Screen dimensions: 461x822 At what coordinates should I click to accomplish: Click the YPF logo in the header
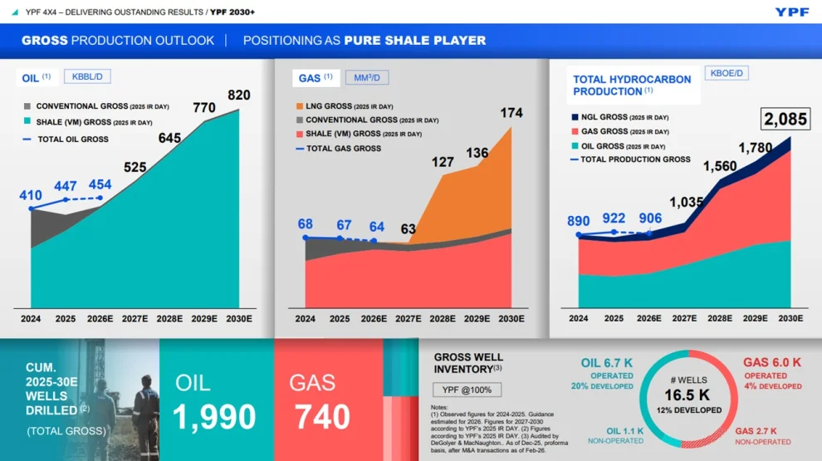point(792,12)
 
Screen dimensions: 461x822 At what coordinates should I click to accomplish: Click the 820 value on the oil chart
point(238,95)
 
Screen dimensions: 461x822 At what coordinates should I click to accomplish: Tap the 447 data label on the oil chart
point(66,186)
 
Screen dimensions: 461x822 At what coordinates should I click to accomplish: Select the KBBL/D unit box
point(86,76)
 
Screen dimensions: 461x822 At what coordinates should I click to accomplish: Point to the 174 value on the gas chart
point(511,113)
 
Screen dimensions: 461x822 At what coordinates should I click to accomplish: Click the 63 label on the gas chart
point(408,229)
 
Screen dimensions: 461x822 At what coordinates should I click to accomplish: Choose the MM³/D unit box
point(367,77)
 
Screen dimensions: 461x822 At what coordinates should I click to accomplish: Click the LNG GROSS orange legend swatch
point(301,106)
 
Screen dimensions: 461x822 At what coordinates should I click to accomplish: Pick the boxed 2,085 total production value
point(785,119)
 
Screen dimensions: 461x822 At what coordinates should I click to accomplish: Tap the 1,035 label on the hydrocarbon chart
point(687,202)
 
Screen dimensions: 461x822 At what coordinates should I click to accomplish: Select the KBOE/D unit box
point(727,73)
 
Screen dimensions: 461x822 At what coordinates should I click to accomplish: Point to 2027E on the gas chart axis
point(408,319)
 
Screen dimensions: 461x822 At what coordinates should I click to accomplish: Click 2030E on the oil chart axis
point(238,318)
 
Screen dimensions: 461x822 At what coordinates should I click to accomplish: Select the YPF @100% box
point(467,390)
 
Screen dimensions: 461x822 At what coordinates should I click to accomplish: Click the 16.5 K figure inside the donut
point(686,395)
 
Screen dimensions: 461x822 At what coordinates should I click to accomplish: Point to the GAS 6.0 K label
point(772,362)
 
